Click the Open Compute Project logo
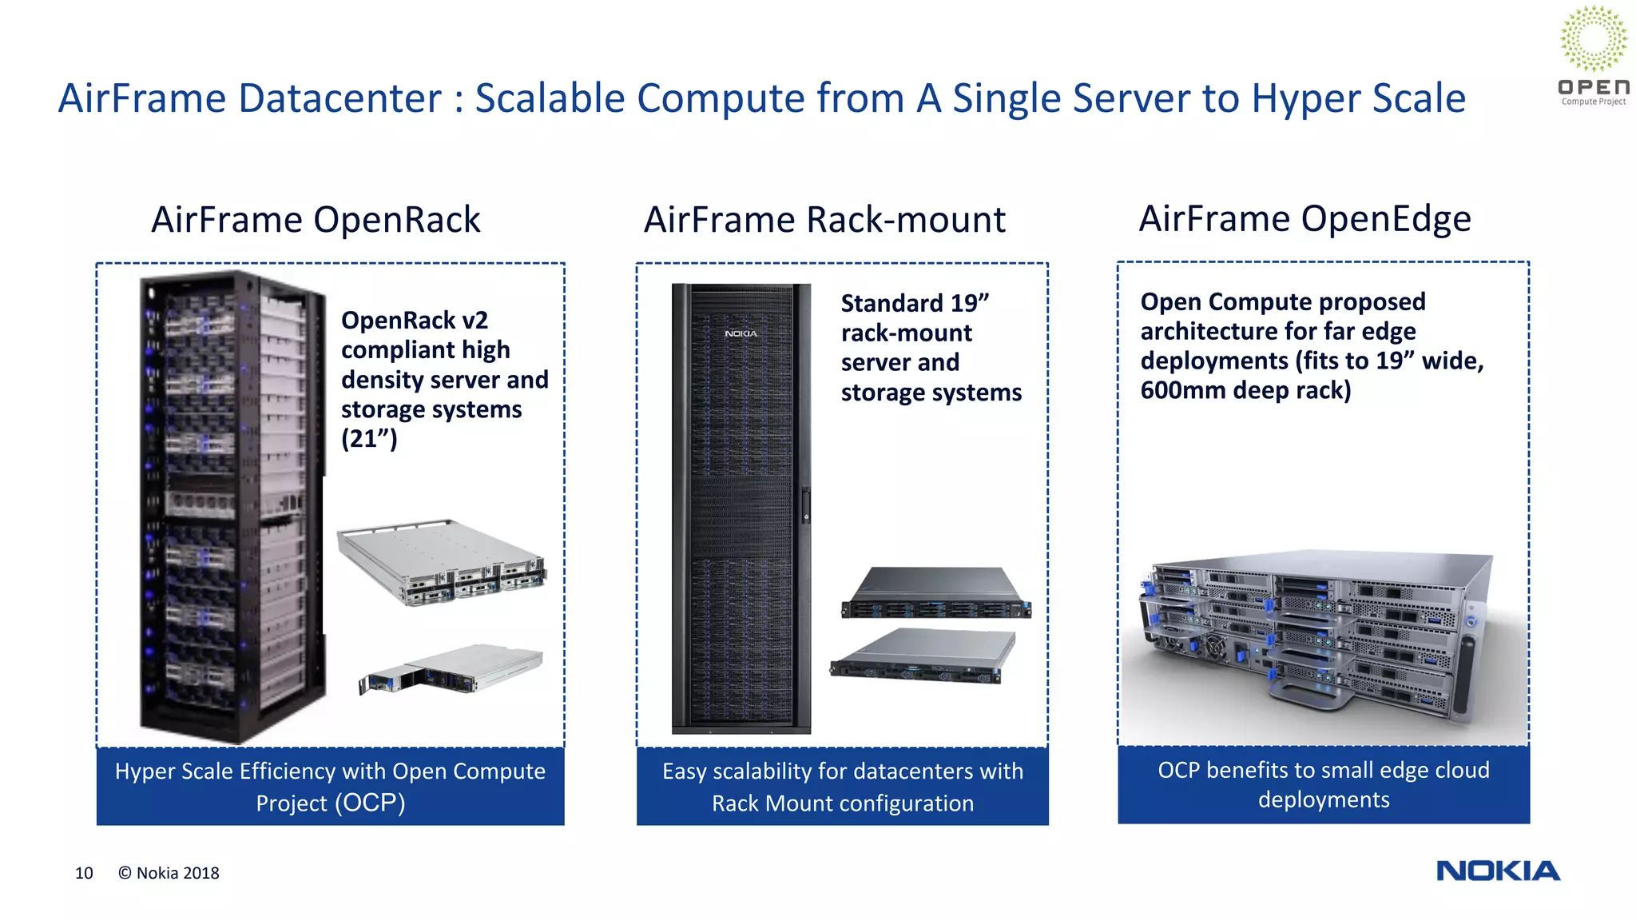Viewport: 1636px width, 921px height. (1593, 56)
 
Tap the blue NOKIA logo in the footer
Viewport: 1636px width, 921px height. (1498, 871)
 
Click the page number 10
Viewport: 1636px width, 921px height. (84, 873)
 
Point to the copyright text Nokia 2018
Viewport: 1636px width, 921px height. (169, 873)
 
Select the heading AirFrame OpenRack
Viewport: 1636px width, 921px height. (316, 220)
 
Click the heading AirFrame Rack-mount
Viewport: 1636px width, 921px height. (824, 220)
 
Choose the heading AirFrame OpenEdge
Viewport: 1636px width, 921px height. (1304, 218)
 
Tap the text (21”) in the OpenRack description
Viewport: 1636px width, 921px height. (369, 439)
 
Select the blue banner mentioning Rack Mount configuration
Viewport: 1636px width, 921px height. (842, 787)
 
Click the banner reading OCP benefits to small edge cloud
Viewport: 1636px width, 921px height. (1323, 784)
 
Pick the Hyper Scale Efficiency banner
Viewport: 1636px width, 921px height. (330, 787)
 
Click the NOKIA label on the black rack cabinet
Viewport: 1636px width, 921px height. (741, 333)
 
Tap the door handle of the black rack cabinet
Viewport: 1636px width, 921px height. (805, 506)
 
